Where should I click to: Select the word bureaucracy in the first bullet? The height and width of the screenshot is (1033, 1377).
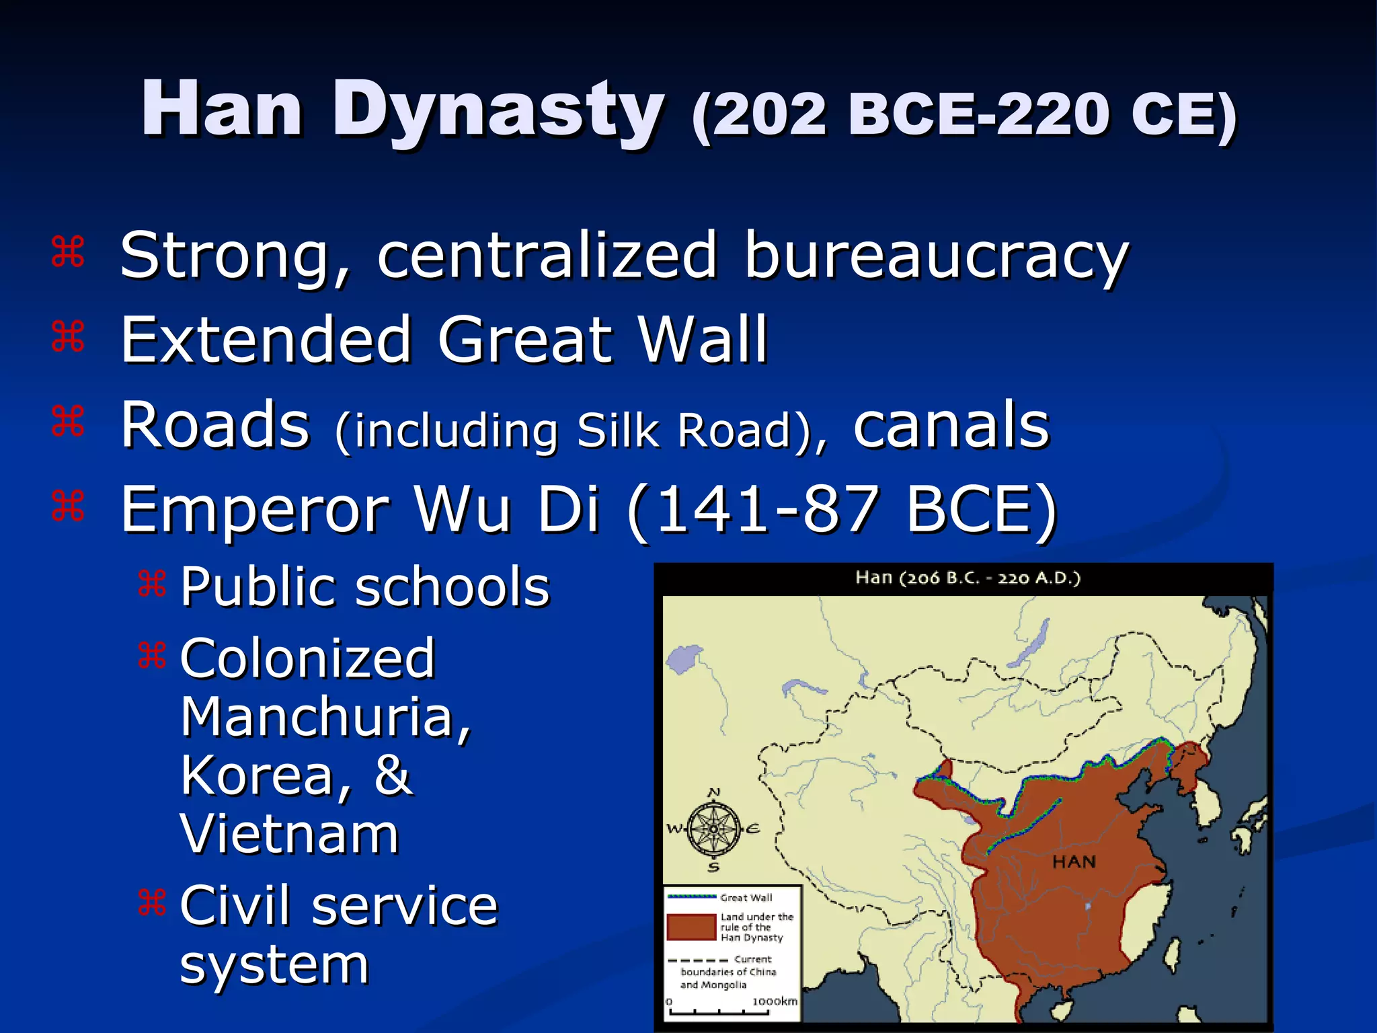point(936,256)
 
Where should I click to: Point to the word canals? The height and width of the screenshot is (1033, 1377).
point(951,425)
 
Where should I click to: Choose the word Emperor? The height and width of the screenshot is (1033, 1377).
point(255,510)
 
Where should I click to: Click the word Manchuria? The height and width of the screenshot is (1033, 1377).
point(325,717)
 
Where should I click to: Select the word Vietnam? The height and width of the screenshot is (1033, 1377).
point(290,835)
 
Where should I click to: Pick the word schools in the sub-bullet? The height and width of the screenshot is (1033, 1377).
point(452,587)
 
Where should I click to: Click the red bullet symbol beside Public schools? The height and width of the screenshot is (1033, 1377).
point(152,584)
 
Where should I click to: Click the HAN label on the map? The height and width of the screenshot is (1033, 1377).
point(1074,862)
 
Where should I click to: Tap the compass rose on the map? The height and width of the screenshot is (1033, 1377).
point(714,829)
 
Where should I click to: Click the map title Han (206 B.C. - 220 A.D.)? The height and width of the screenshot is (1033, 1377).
point(968,578)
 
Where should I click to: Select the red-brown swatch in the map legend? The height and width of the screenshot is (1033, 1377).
point(691,927)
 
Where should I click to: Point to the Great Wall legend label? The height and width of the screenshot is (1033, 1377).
point(746,898)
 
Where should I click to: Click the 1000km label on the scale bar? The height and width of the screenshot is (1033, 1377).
point(775,1001)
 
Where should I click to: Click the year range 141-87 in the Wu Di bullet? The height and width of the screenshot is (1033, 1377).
point(767,510)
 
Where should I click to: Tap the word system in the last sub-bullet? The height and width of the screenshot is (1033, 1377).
point(274,964)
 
